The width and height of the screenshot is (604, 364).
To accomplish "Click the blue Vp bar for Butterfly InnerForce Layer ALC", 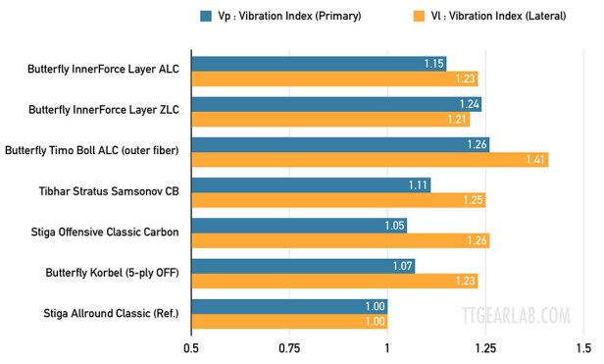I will [x=319, y=64].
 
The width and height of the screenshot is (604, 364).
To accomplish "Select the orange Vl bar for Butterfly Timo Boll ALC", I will [x=370, y=160].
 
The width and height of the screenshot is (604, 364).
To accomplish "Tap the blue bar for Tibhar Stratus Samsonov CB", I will [x=311, y=184].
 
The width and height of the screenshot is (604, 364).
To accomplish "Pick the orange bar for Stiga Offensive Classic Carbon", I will [x=340, y=240].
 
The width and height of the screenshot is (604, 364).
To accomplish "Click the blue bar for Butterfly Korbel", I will [x=303, y=266].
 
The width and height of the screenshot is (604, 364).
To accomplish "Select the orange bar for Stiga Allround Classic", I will [x=289, y=322].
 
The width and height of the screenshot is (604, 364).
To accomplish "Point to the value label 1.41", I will [x=534, y=160].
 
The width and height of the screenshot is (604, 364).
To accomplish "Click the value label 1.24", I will [x=469, y=104].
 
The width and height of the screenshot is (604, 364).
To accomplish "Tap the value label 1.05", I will [x=394, y=226].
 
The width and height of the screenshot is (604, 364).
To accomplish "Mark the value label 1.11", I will [x=418, y=184].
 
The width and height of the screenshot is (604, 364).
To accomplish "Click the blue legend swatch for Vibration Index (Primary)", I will [x=206, y=16].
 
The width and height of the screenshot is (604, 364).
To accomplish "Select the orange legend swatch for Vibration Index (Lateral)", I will [x=419, y=16].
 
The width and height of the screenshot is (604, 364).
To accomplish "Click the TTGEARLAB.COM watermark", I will [x=515, y=316].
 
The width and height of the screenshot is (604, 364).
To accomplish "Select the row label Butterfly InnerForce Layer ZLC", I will [x=106, y=111].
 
